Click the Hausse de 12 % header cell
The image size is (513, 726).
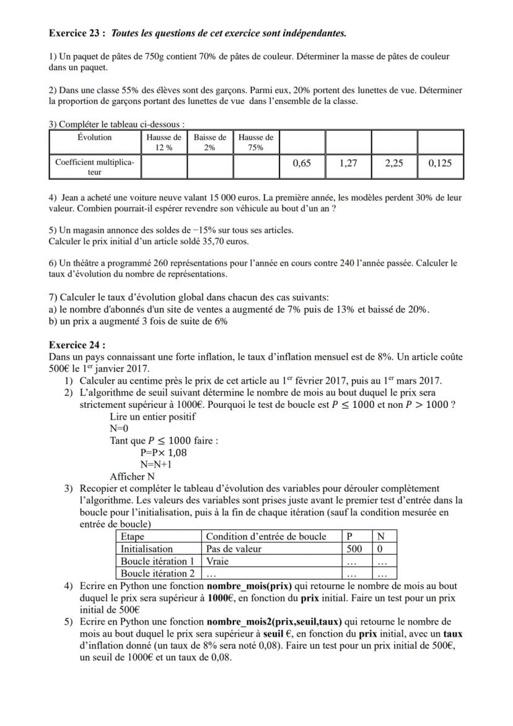pyautogui.click(x=164, y=142)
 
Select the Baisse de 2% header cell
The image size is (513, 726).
pyautogui.click(x=209, y=142)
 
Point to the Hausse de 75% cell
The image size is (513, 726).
pyautogui.click(x=255, y=142)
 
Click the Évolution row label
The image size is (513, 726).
pyautogui.click(x=95, y=138)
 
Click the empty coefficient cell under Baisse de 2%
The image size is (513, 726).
pyautogui.click(x=209, y=167)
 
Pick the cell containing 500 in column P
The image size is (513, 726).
pyautogui.click(x=354, y=549)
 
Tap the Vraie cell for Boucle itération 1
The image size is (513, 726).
pyautogui.click(x=218, y=560)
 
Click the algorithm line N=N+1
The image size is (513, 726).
pyautogui.click(x=156, y=464)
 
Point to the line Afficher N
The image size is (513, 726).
pyautogui.click(x=132, y=476)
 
